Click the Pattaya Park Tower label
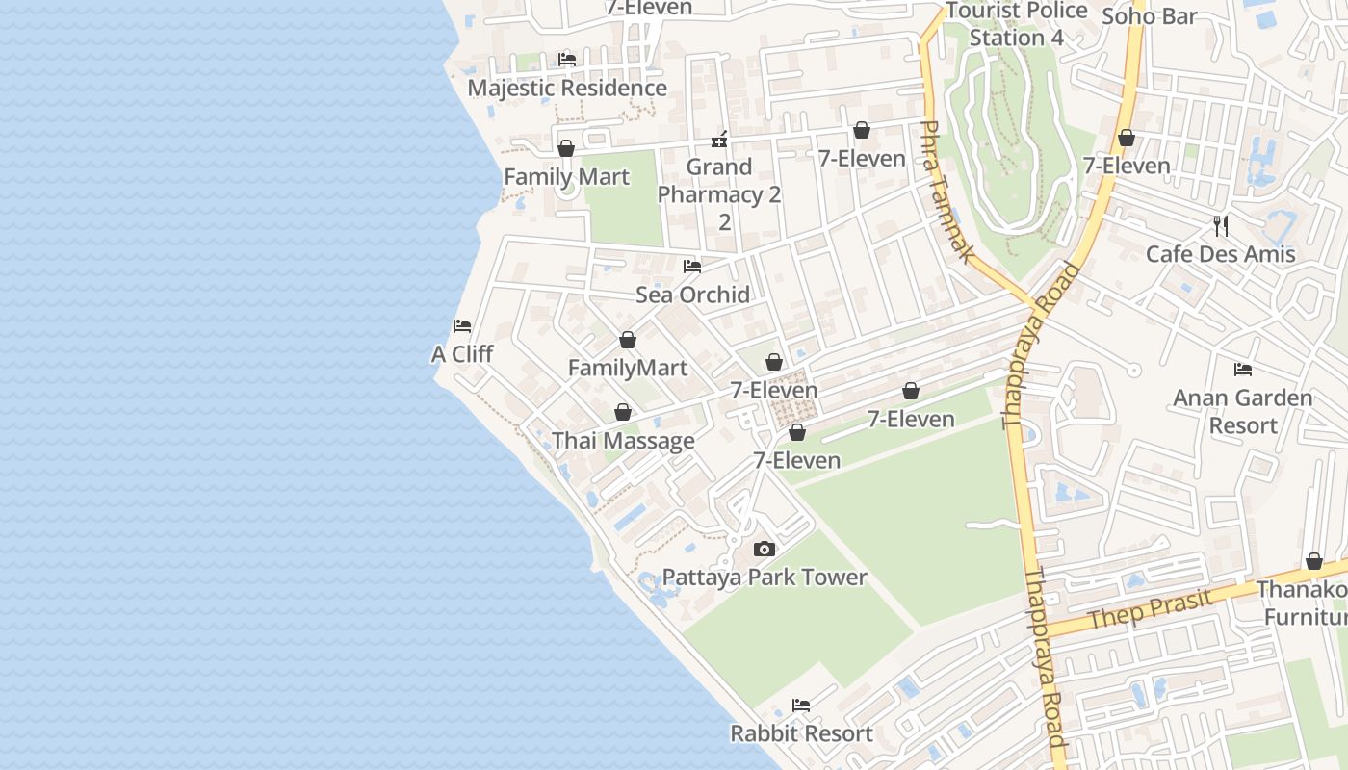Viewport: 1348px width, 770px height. pyautogui.click(x=765, y=577)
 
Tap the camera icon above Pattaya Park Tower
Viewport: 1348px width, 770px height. pyautogui.click(x=765, y=550)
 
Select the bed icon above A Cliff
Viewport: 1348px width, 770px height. pyautogui.click(x=462, y=326)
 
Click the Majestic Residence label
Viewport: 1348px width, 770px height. pyautogui.click(x=567, y=88)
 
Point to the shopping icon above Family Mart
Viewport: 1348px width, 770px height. pyautogui.click(x=566, y=148)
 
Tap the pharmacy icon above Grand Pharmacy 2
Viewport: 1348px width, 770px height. pyautogui.click(x=718, y=141)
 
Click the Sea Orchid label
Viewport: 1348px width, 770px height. pyautogui.click(x=692, y=295)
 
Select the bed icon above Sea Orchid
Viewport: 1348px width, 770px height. pyautogui.click(x=691, y=267)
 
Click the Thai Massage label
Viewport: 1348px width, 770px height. pyautogui.click(x=623, y=441)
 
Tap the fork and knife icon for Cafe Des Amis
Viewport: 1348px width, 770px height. pyautogui.click(x=1220, y=226)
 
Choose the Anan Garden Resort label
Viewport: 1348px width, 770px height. pyautogui.click(x=1242, y=411)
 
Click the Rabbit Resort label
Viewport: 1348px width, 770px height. pyautogui.click(x=801, y=733)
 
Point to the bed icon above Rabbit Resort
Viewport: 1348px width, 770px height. pyautogui.click(x=800, y=706)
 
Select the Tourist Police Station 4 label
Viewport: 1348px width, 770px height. pyautogui.click(x=1016, y=24)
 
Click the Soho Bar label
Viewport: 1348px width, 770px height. pyautogui.click(x=1149, y=16)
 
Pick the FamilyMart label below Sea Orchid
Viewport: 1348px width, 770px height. pyautogui.click(x=628, y=368)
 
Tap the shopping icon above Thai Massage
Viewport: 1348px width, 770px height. pyautogui.click(x=623, y=413)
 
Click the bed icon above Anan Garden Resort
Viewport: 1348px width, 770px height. pyautogui.click(x=1242, y=370)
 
